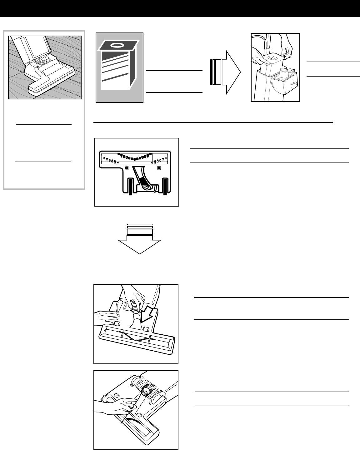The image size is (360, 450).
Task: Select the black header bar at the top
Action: [180, 8]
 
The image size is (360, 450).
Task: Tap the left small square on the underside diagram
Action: [126, 168]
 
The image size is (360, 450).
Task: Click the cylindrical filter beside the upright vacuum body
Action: [284, 73]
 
